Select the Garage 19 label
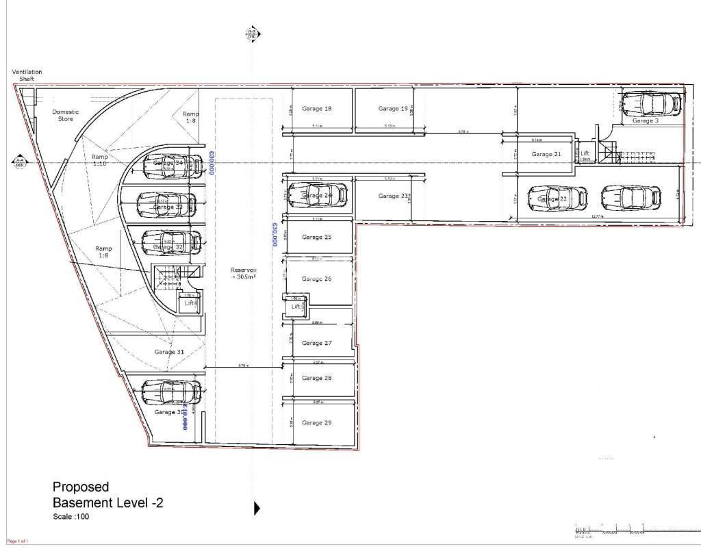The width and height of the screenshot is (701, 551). [393, 109]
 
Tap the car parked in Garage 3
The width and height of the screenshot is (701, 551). [651, 104]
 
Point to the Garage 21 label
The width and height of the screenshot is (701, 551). [546, 155]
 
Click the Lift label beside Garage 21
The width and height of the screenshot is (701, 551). [585, 154]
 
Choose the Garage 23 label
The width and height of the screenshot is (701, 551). [393, 196]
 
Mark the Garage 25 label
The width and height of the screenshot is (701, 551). [316, 237]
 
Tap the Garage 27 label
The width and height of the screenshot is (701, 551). [316, 343]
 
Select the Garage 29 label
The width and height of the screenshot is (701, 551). [316, 423]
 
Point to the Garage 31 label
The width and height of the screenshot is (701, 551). [168, 352]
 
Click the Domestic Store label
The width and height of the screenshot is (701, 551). [66, 115]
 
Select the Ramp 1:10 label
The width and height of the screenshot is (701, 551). [100, 160]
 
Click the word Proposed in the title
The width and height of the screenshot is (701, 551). [81, 487]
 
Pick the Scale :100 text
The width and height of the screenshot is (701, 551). [71, 517]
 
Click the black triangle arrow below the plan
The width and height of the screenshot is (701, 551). [257, 508]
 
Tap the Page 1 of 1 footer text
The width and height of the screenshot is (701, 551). [18, 541]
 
